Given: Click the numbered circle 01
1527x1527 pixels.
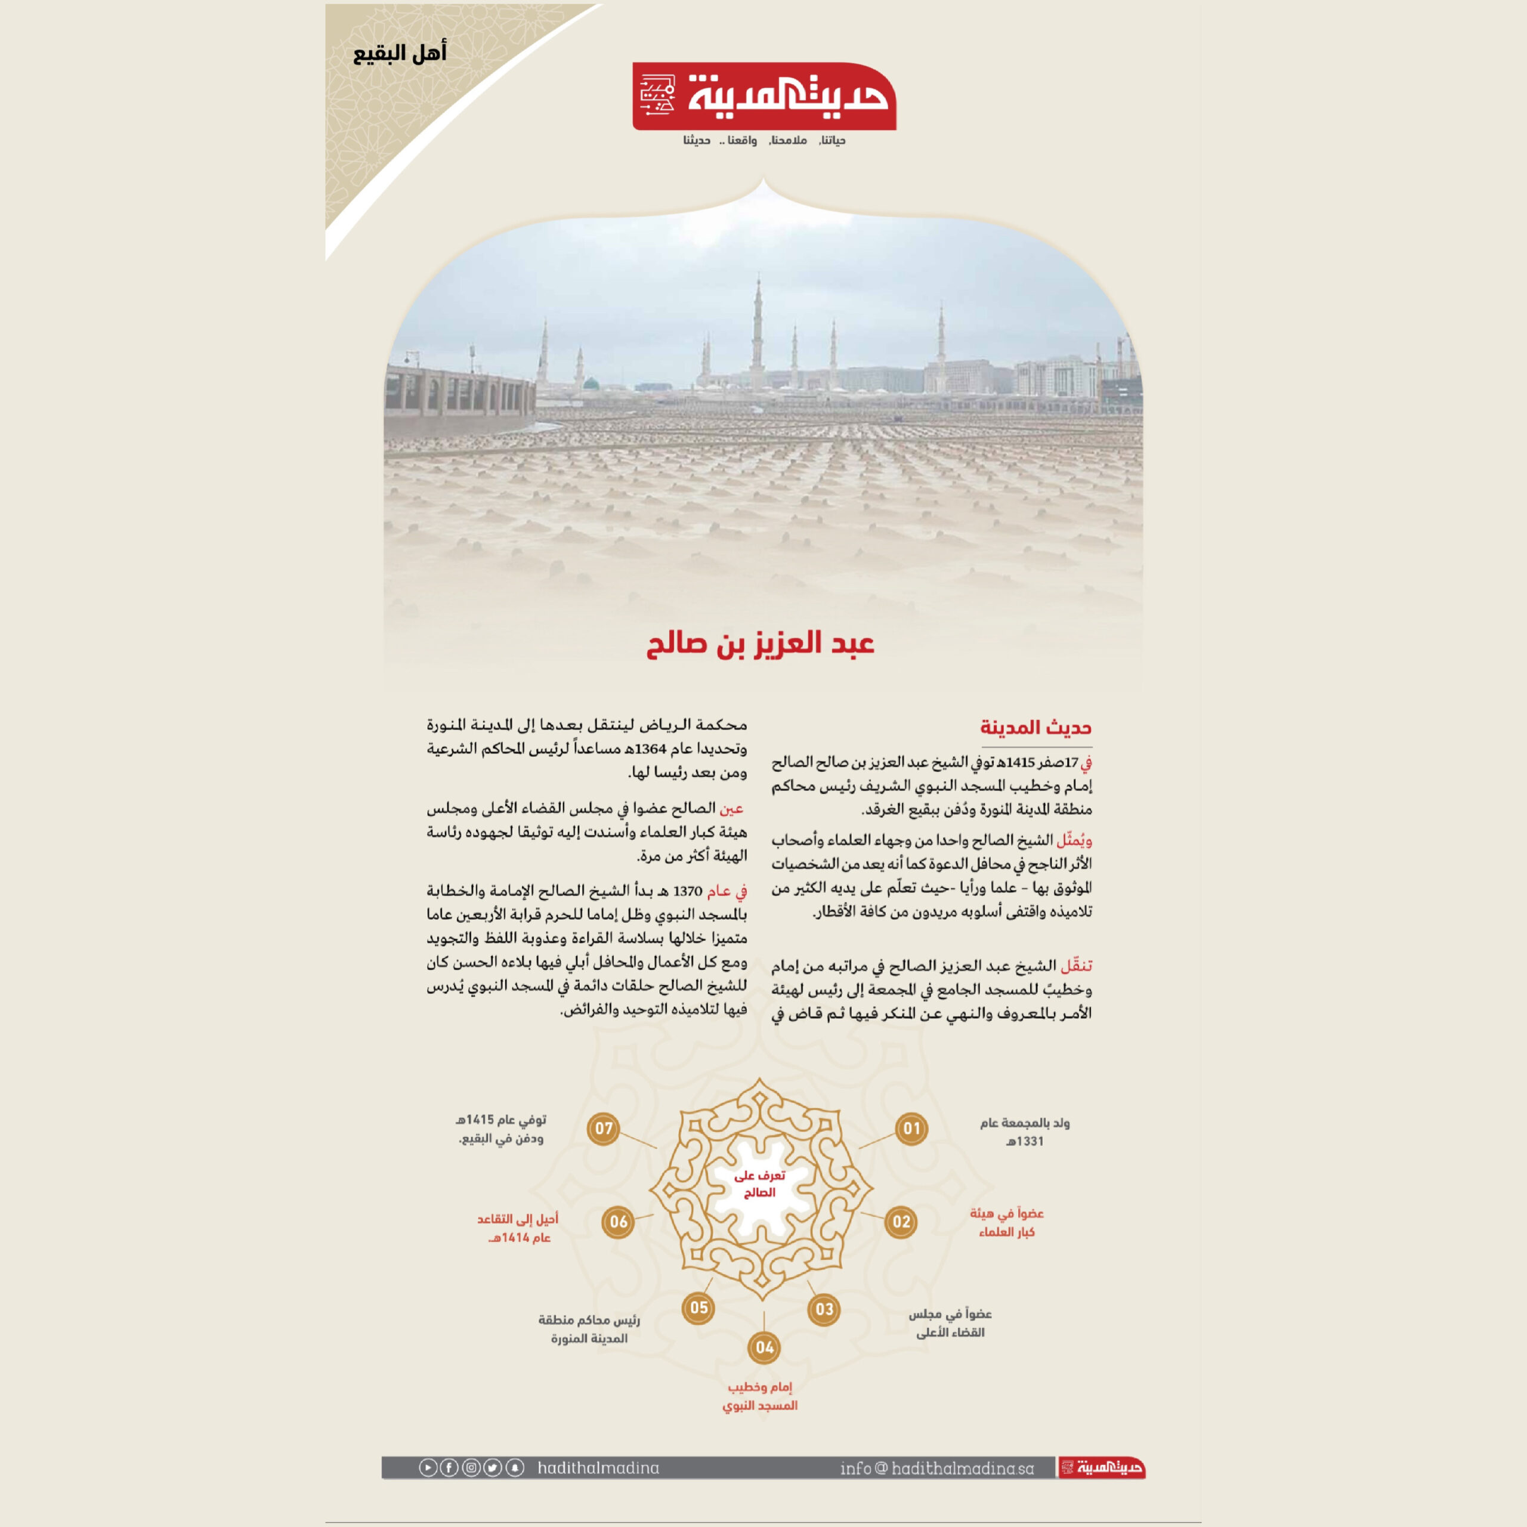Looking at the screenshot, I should pyautogui.click(x=911, y=1129).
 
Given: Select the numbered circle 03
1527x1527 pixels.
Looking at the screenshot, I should pyautogui.click(x=824, y=1309).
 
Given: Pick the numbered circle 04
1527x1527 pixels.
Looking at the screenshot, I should pyautogui.click(x=764, y=1347).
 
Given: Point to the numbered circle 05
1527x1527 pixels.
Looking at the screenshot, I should pyautogui.click(x=698, y=1307).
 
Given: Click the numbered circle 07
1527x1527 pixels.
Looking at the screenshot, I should pyautogui.click(x=604, y=1129).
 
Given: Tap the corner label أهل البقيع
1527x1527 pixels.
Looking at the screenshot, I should pyautogui.click(x=399, y=54).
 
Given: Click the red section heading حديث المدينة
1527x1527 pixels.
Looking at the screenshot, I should pyautogui.click(x=1035, y=728).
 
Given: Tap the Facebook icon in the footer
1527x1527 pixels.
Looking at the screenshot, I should pyautogui.click(x=449, y=1468).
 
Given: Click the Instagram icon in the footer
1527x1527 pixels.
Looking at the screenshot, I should pyautogui.click(x=471, y=1468).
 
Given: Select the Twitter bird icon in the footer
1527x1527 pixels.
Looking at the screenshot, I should pyautogui.click(x=493, y=1468).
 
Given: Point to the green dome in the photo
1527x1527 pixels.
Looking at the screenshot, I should pyautogui.click(x=591, y=384).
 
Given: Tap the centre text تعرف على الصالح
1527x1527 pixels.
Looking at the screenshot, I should pyautogui.click(x=759, y=1184).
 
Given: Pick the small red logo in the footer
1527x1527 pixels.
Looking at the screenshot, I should pyautogui.click(x=1102, y=1469).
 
